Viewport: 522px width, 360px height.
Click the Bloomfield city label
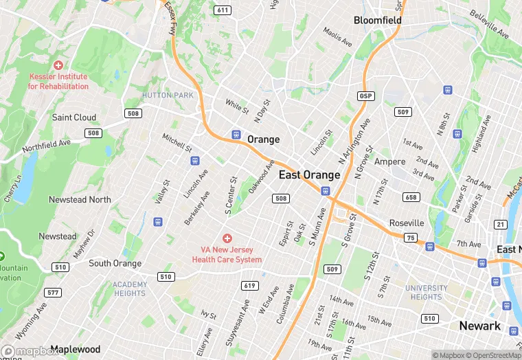[377, 21]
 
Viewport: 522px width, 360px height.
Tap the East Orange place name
[309, 175]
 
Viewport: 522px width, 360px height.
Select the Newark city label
[479, 326]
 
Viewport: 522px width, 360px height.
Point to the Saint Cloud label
[74, 117]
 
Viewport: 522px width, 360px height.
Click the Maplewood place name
[76, 350]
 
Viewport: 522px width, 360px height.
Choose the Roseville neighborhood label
[407, 223]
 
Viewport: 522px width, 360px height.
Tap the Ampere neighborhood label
[391, 162]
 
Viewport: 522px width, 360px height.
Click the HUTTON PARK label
[168, 95]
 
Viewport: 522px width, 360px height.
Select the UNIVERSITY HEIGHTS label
[426, 293]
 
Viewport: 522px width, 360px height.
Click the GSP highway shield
[365, 95]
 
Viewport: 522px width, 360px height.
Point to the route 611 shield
[222, 10]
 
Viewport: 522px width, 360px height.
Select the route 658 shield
[411, 198]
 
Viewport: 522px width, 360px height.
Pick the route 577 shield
[53, 293]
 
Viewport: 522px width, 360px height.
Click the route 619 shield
[249, 285]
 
